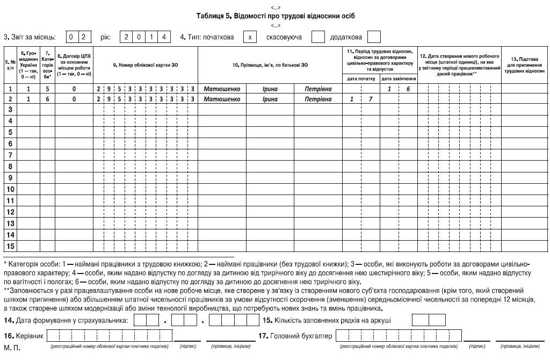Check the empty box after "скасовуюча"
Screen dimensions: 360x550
319,37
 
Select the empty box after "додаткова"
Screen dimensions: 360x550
374,37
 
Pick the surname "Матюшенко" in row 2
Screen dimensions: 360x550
222,99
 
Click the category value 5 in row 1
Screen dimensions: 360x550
47,89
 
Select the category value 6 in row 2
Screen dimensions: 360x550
47,99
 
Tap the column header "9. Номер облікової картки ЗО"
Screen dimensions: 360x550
145,64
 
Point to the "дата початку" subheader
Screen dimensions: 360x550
361,79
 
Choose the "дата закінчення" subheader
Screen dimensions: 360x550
398,79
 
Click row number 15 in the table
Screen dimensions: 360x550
10,246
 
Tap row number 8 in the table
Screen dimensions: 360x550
10,167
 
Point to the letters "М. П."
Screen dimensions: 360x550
12,349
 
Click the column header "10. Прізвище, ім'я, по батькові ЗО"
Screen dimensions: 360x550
270,64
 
